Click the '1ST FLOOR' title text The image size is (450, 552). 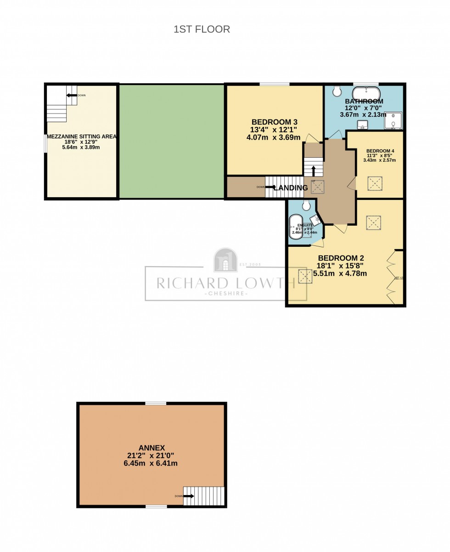tap(202, 29)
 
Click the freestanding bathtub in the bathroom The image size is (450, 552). tap(366, 90)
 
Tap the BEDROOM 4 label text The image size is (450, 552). tap(380, 151)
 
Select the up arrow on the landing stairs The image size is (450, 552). tap(314, 171)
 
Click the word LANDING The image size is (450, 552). tap(291, 188)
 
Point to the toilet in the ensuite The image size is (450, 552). tap(306, 205)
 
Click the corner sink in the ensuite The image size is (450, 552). tap(315, 220)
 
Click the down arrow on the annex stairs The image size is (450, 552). tap(188, 496)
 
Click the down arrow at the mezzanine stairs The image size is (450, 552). tap(71, 96)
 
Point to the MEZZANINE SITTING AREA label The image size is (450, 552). tap(81, 137)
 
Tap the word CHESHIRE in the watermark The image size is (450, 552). tap(225, 294)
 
